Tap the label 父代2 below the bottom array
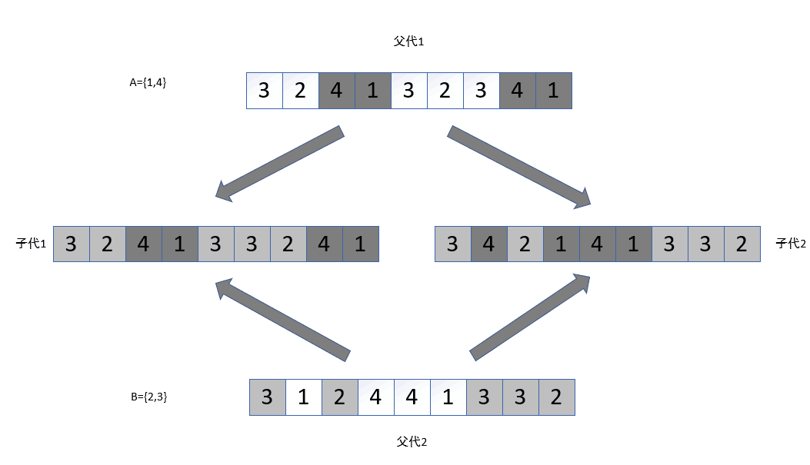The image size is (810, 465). coord(412,442)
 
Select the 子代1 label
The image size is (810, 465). coord(32,244)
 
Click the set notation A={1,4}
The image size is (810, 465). coord(148,82)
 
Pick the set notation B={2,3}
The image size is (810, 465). coord(149,397)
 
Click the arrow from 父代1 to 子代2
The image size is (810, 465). coord(519,167)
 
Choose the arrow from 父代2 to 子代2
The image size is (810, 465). coord(530,315)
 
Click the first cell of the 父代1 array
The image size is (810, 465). coord(265,91)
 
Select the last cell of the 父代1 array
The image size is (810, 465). coord(553,91)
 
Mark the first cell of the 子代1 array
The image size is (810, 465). coord(72,244)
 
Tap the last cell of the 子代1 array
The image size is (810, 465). coord(360,244)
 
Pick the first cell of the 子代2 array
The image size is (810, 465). coord(453,244)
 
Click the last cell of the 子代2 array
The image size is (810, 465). coord(742,244)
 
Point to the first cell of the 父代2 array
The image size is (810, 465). coord(268,397)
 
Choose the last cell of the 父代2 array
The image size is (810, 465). coord(556,397)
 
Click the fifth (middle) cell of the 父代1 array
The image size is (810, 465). coord(409,91)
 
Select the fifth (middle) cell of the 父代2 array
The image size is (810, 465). coord(412,397)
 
